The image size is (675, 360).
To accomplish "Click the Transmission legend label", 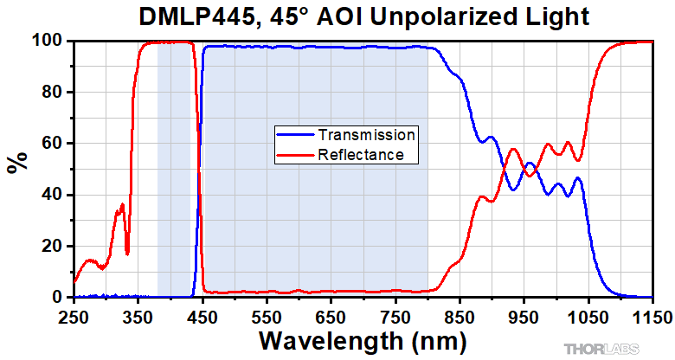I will click(367, 135).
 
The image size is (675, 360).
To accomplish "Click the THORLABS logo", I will click(602, 349).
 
